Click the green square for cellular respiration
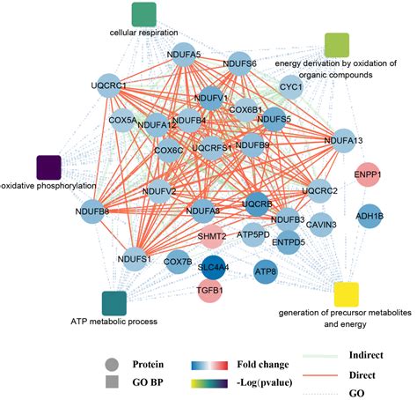(143, 14)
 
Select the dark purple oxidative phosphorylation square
(48, 167)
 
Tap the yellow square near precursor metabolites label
(346, 293)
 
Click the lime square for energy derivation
(337, 44)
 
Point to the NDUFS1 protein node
(133, 259)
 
